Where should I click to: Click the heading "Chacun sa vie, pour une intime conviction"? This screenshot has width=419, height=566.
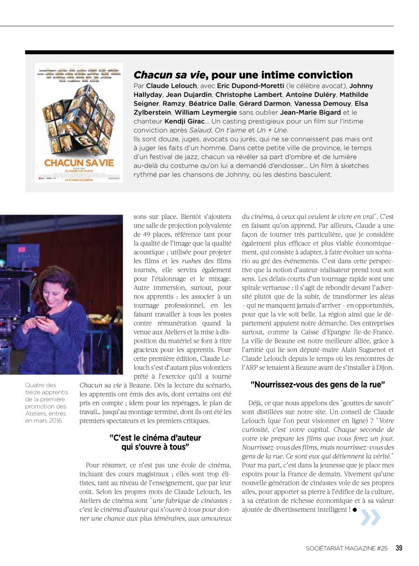pyautogui.click(x=243, y=75)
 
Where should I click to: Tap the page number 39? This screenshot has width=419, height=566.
pyautogui.click(x=399, y=548)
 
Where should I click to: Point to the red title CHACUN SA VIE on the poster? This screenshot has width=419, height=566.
pyautogui.click(x=78, y=162)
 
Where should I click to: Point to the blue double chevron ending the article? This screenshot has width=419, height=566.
pyautogui.click(x=370, y=517)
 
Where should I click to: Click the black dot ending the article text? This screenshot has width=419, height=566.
pyautogui.click(x=354, y=510)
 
